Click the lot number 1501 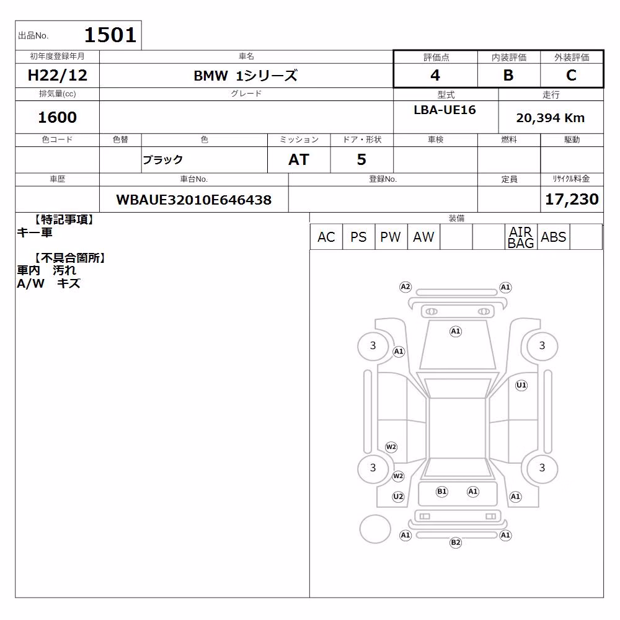[110, 35]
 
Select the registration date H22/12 [57, 75]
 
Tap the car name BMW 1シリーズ [246, 76]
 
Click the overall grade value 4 [435, 75]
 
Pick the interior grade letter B [508, 75]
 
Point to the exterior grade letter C [571, 75]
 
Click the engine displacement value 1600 [57, 117]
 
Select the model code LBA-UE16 [445, 110]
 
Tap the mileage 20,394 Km [551, 118]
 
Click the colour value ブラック [162, 160]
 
